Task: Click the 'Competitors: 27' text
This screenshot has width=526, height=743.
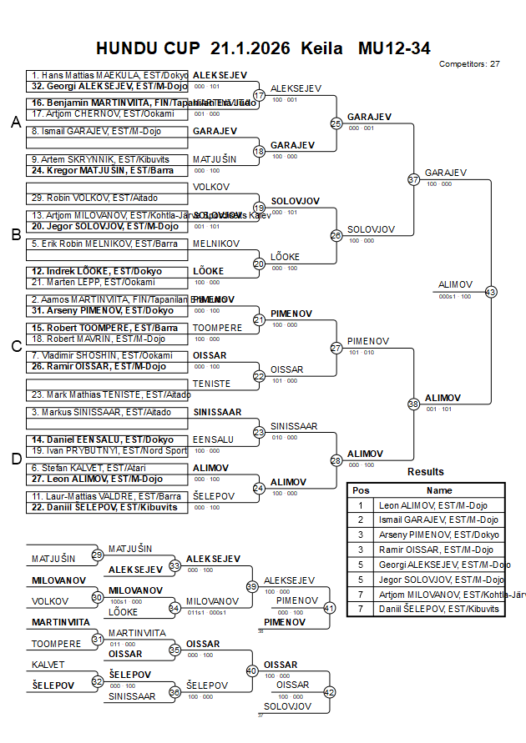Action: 469,63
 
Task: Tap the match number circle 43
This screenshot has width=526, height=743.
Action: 491,292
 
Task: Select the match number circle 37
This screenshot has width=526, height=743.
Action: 413,179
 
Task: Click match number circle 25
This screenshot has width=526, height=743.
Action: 336,123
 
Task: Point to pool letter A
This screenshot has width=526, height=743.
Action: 15,123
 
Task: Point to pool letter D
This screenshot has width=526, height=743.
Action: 15,459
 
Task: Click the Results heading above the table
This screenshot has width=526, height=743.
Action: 425,472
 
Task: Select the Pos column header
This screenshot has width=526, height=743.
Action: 361,490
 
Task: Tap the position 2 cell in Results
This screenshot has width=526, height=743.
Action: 361,520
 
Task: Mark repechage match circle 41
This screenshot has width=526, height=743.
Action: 329,608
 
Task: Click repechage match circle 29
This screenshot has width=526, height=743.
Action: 98,555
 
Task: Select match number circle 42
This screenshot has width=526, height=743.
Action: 329,691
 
